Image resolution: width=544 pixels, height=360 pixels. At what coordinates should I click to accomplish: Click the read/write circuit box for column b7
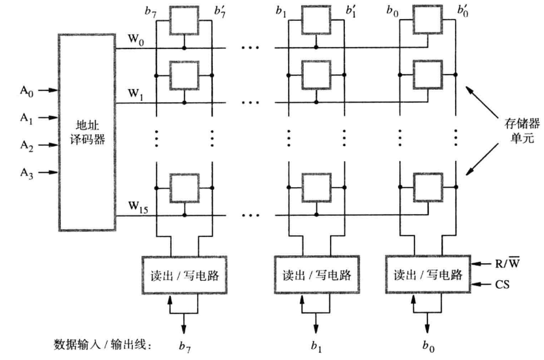[x=184, y=275]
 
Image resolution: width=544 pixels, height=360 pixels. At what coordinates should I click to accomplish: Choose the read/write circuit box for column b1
[x=315, y=275]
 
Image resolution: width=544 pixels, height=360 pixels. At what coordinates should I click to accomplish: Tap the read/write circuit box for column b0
[x=426, y=275]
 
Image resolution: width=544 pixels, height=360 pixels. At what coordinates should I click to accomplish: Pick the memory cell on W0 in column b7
[x=184, y=21]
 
